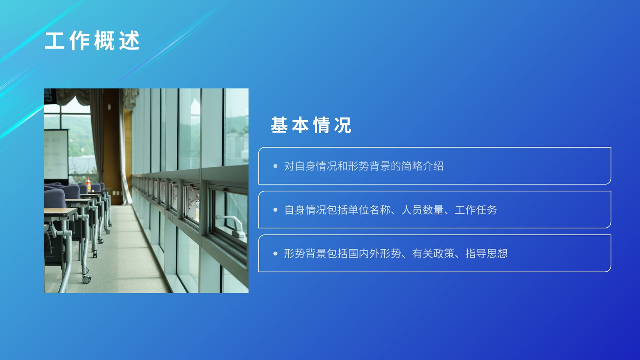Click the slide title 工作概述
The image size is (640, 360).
pyautogui.click(x=92, y=40)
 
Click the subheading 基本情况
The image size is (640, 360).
pyautogui.click(x=311, y=125)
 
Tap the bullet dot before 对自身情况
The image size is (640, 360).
pyautogui.click(x=275, y=166)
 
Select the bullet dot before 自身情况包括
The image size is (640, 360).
pyautogui.click(x=275, y=210)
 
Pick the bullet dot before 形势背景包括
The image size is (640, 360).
pyautogui.click(x=275, y=254)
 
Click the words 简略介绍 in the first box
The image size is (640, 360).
pyautogui.click(x=422, y=166)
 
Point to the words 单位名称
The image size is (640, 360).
pyautogui.click(x=370, y=210)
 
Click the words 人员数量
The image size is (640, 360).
pyautogui.click(x=422, y=210)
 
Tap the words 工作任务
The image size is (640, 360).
pyautogui.click(x=476, y=210)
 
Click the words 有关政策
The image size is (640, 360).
pyautogui.click(x=433, y=254)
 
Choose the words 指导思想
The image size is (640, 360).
pyautogui.click(x=486, y=254)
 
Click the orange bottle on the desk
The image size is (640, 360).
pyautogui.click(x=88, y=184)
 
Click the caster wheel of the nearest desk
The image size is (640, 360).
pyautogui.click(x=86, y=279)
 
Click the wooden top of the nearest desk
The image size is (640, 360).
pyautogui.click(x=60, y=212)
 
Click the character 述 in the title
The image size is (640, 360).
pyautogui.click(x=129, y=40)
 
